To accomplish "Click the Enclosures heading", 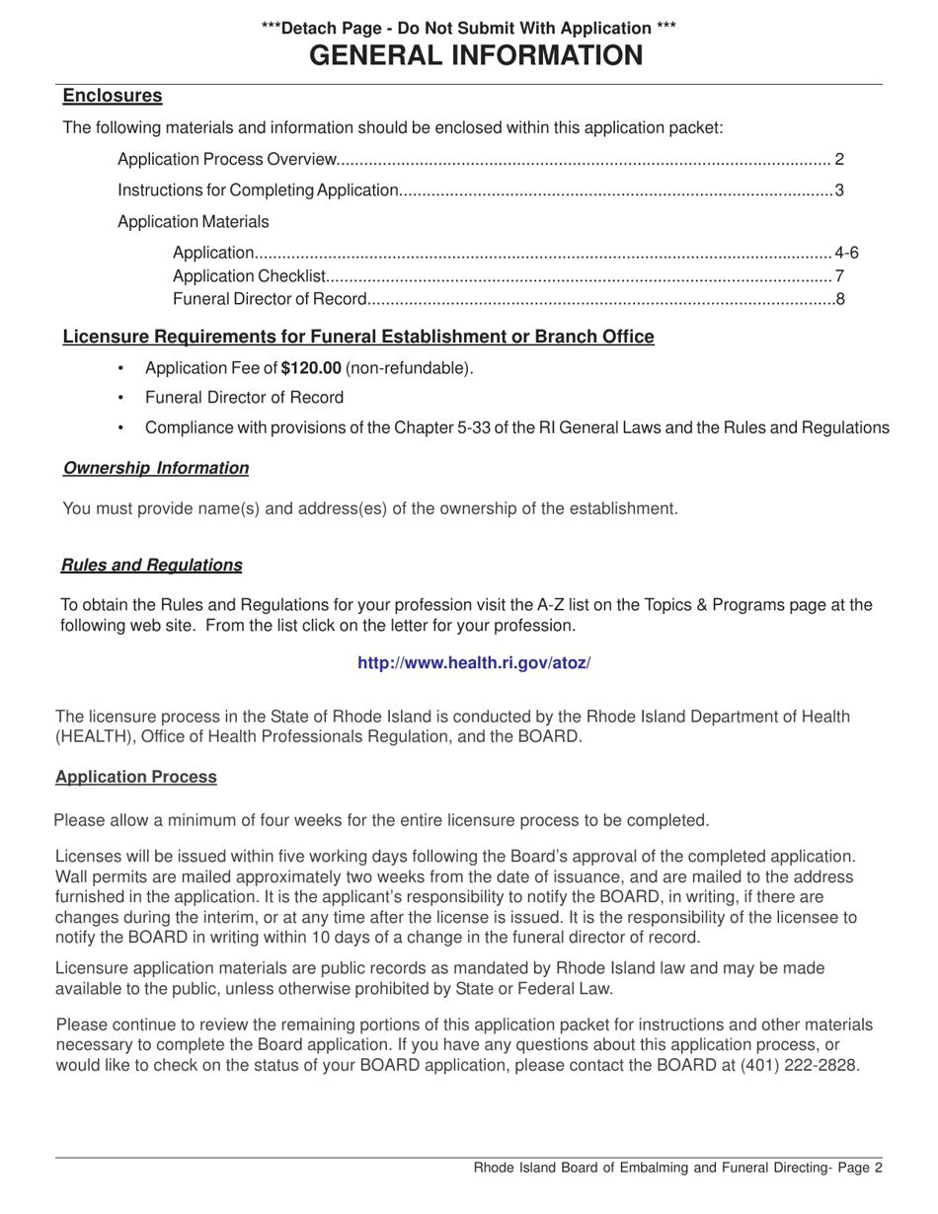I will coord(113,96).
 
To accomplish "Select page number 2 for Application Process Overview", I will coord(838,159).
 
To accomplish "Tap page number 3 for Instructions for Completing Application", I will coord(838,190).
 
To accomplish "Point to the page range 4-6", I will coord(846,253).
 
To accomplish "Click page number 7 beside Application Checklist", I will coord(838,275).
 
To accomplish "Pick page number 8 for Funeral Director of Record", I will coord(839,298).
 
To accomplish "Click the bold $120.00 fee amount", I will coord(311,368).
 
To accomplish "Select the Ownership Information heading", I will coord(156,468).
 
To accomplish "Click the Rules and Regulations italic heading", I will coord(152,565).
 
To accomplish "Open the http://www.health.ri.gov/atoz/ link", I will coord(474,663).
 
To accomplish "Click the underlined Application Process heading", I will coord(136,777).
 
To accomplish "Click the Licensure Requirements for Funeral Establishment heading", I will coord(358,337).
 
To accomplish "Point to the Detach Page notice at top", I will coord(469,29).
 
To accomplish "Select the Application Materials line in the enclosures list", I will coord(193,221).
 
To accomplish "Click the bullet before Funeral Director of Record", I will coord(121,399).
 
